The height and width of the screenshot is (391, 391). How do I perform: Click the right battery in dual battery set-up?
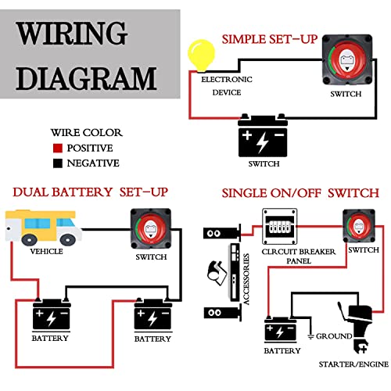point(152,316)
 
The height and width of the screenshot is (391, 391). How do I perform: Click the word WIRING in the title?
point(72,35)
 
